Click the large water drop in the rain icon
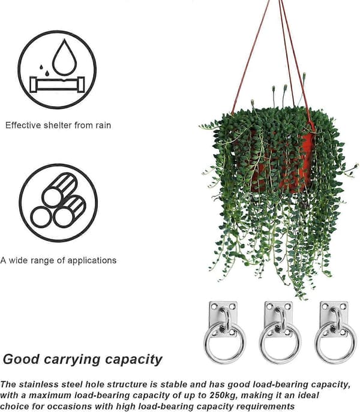pyautogui.click(x=64, y=58)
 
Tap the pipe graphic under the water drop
pyautogui.click(x=57, y=85)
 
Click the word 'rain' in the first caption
pyautogui.click(x=103, y=125)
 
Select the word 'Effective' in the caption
pyautogui.click(x=23, y=125)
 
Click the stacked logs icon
pyautogui.click(x=58, y=200)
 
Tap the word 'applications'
pyautogui.click(x=92, y=261)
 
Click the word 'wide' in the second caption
pyautogui.click(x=19, y=260)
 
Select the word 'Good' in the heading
pyautogui.click(x=21, y=359)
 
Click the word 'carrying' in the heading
pyautogui.click(x=72, y=359)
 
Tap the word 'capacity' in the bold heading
pyautogui.click(x=134, y=359)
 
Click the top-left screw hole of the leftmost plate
pyautogui.click(x=214, y=306)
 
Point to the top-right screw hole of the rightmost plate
pyautogui.click(x=343, y=306)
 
